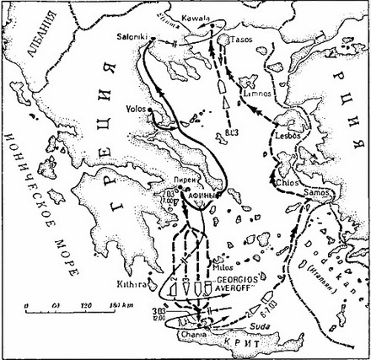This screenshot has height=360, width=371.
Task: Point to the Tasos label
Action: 245,40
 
